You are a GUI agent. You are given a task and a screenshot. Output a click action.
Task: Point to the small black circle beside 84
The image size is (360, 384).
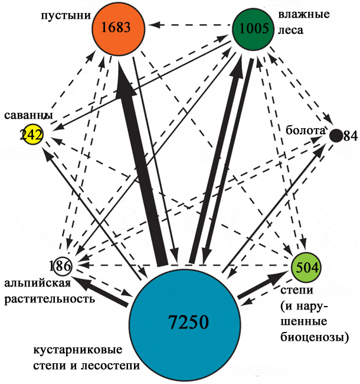pyautogui.click(x=336, y=135)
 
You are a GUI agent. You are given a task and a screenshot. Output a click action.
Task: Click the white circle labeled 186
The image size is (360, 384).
pyautogui.click(x=60, y=265)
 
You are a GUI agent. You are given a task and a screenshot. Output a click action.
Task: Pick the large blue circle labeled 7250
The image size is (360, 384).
pyautogui.click(x=185, y=323)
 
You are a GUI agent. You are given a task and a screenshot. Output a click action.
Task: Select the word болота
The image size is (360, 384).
pyautogui.click(x=305, y=130)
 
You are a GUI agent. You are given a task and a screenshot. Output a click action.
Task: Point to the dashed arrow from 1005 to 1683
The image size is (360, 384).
pyautogui.click(x=189, y=26)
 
